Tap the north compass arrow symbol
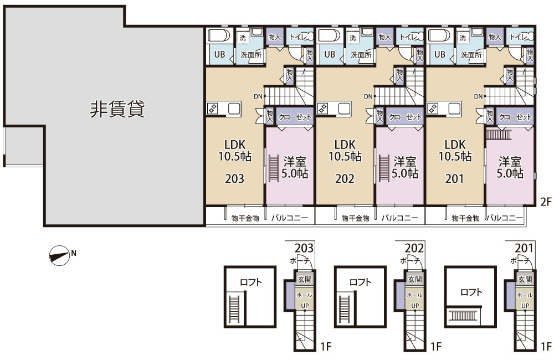click(x=58, y=255)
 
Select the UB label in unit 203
click(x=218, y=55)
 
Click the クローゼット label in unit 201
click(x=515, y=117)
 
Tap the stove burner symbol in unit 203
click(x=212, y=109)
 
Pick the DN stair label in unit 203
click(x=258, y=96)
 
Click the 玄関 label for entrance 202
click(x=414, y=280)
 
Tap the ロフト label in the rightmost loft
click(x=470, y=292)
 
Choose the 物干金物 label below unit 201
click(x=465, y=219)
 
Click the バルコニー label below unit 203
click(x=290, y=219)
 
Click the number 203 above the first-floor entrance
click(x=304, y=248)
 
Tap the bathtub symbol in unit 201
click(x=440, y=36)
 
